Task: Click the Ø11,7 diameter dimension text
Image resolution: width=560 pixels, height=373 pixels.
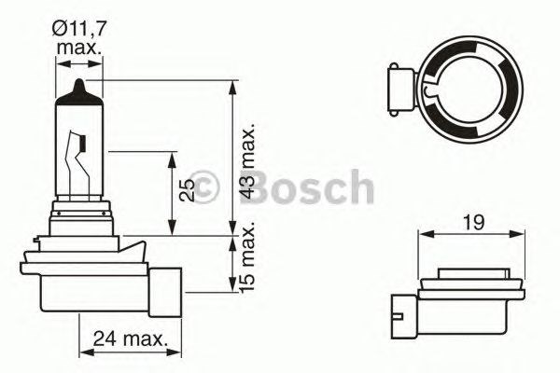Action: (80, 29)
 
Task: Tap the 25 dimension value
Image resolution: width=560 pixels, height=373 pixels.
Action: (188, 190)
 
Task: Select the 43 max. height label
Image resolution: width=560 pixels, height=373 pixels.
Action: (246, 159)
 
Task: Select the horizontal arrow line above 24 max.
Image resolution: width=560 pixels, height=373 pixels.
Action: (124, 352)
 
